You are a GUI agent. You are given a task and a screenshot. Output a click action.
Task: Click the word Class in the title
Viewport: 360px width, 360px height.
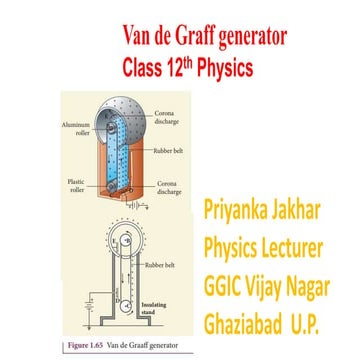[x=147, y=71]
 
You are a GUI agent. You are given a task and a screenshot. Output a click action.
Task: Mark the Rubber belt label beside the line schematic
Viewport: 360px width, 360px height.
[x=161, y=265]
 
